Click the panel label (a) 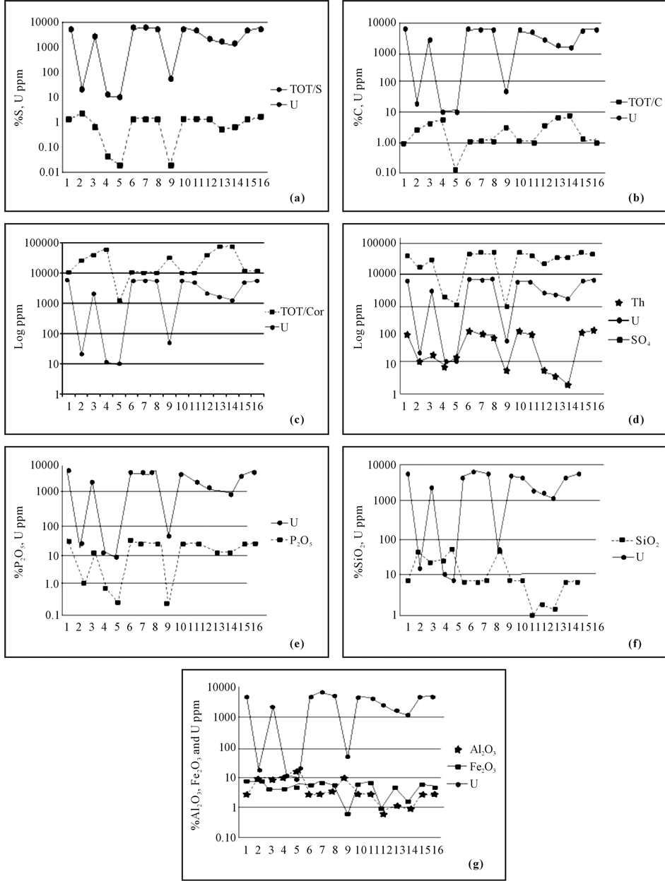[x=297, y=200]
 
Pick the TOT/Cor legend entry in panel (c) [x=299, y=311]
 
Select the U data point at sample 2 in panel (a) [x=82, y=89]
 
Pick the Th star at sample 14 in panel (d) [x=567, y=385]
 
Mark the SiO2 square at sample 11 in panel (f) [x=532, y=616]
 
